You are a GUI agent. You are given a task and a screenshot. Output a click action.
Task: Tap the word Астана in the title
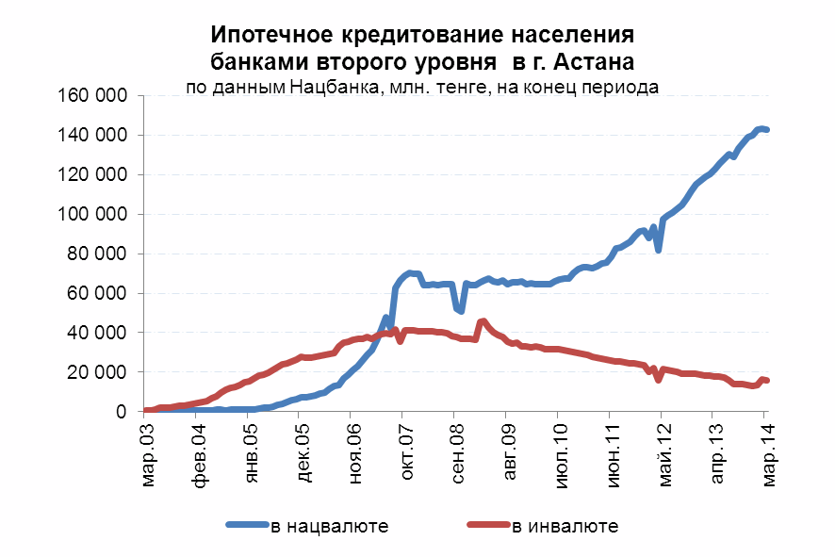click(x=595, y=62)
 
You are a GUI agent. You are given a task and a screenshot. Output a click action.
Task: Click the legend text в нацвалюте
click(x=329, y=526)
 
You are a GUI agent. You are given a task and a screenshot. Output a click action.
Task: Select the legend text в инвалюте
click(x=565, y=526)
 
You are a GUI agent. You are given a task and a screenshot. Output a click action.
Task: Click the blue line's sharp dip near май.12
click(x=659, y=250)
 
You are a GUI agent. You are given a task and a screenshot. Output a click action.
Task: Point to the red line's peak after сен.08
click(x=483, y=321)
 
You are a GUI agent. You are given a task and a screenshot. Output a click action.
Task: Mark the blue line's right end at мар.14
click(x=766, y=129)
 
